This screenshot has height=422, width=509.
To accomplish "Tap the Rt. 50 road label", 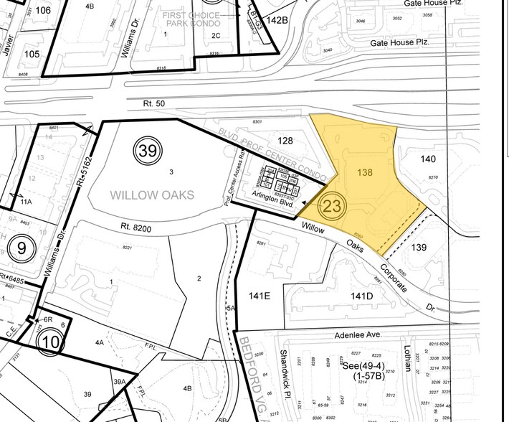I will pyautogui.click(x=154, y=105).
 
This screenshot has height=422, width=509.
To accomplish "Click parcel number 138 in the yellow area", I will pyautogui.click(x=366, y=173).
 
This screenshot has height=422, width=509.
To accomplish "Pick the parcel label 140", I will pyautogui.click(x=428, y=159).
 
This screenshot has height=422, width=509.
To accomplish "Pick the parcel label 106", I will pyautogui.click(x=43, y=10).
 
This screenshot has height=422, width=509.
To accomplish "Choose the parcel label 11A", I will pyautogui.click(x=27, y=204).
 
